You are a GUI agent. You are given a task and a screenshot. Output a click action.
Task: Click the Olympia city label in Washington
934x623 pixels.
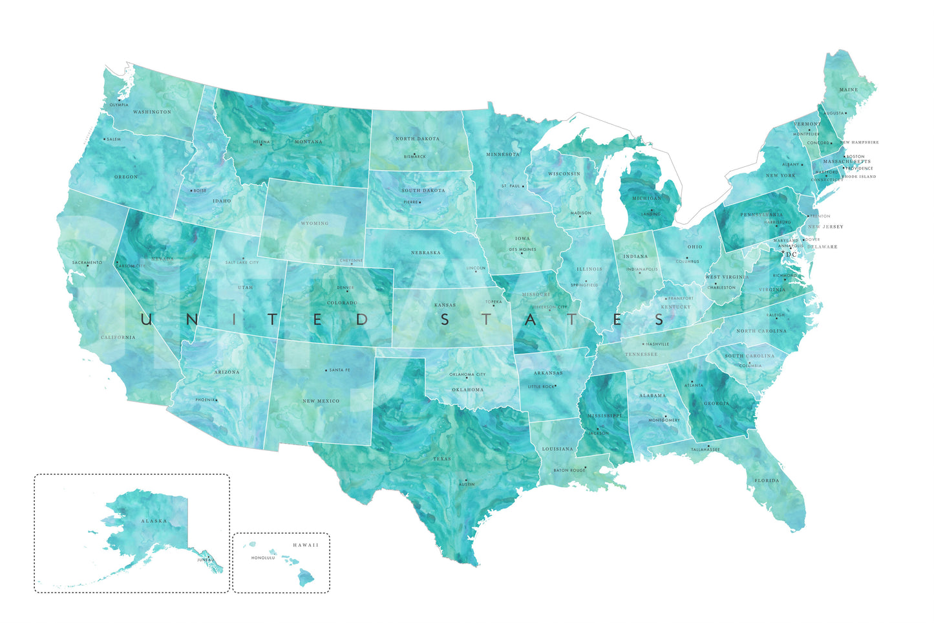pos(119,105)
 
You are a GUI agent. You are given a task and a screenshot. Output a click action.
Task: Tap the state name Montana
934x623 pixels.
pos(308,142)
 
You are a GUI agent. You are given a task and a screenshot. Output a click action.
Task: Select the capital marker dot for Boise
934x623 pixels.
pos(191,191)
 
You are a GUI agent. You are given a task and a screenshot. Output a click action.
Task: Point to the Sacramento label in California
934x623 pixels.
pos(87,263)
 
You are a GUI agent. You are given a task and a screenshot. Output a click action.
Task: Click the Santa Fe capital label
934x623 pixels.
pos(339,370)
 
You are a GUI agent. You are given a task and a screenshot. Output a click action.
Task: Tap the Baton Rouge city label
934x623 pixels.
pos(569,470)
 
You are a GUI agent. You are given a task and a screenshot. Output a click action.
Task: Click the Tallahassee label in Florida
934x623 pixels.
pos(705,450)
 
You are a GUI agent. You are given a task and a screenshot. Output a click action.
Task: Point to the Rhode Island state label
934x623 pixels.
pos(858,176)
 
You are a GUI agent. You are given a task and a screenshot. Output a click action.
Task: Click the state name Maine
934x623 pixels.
pos(848,90)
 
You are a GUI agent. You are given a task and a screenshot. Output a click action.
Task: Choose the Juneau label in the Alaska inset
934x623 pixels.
pos(206,560)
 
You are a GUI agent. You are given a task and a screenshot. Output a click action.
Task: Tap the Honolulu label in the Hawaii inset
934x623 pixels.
pos(263,558)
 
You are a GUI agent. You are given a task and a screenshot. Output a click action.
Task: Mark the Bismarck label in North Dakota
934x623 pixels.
pos(414,157)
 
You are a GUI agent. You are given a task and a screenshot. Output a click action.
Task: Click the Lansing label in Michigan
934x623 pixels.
pos(651,214)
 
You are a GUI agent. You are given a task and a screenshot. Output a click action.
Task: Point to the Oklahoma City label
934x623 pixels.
pos(467,375)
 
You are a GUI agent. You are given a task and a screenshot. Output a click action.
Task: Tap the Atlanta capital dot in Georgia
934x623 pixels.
pos(693,382)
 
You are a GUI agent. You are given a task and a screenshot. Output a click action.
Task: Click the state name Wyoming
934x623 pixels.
pos(315,223)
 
